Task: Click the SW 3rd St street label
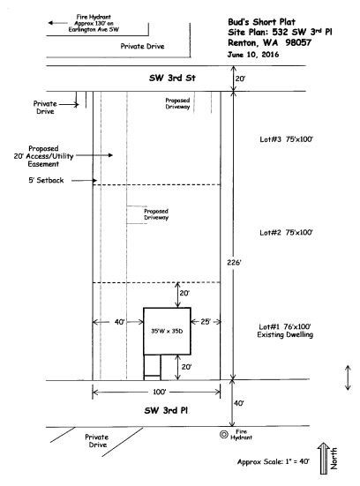[172, 78]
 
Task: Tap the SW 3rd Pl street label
[166, 410]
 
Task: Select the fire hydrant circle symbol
[223, 435]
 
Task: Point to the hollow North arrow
[324, 458]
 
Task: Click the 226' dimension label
[234, 263]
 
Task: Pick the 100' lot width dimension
[160, 393]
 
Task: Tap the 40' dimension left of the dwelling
[120, 322]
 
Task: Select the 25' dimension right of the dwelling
[206, 322]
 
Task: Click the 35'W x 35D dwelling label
[167, 331]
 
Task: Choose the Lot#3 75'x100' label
[286, 139]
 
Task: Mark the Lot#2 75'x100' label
[286, 233]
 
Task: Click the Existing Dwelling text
[285, 335]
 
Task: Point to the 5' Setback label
[46, 181]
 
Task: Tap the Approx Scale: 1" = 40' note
[274, 462]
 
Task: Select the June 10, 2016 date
[253, 55]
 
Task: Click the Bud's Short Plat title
[262, 22]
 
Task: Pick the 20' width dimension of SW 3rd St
[240, 79]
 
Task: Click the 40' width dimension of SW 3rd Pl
[239, 403]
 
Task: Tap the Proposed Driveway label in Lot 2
[156, 214]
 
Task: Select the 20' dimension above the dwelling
[184, 293]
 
